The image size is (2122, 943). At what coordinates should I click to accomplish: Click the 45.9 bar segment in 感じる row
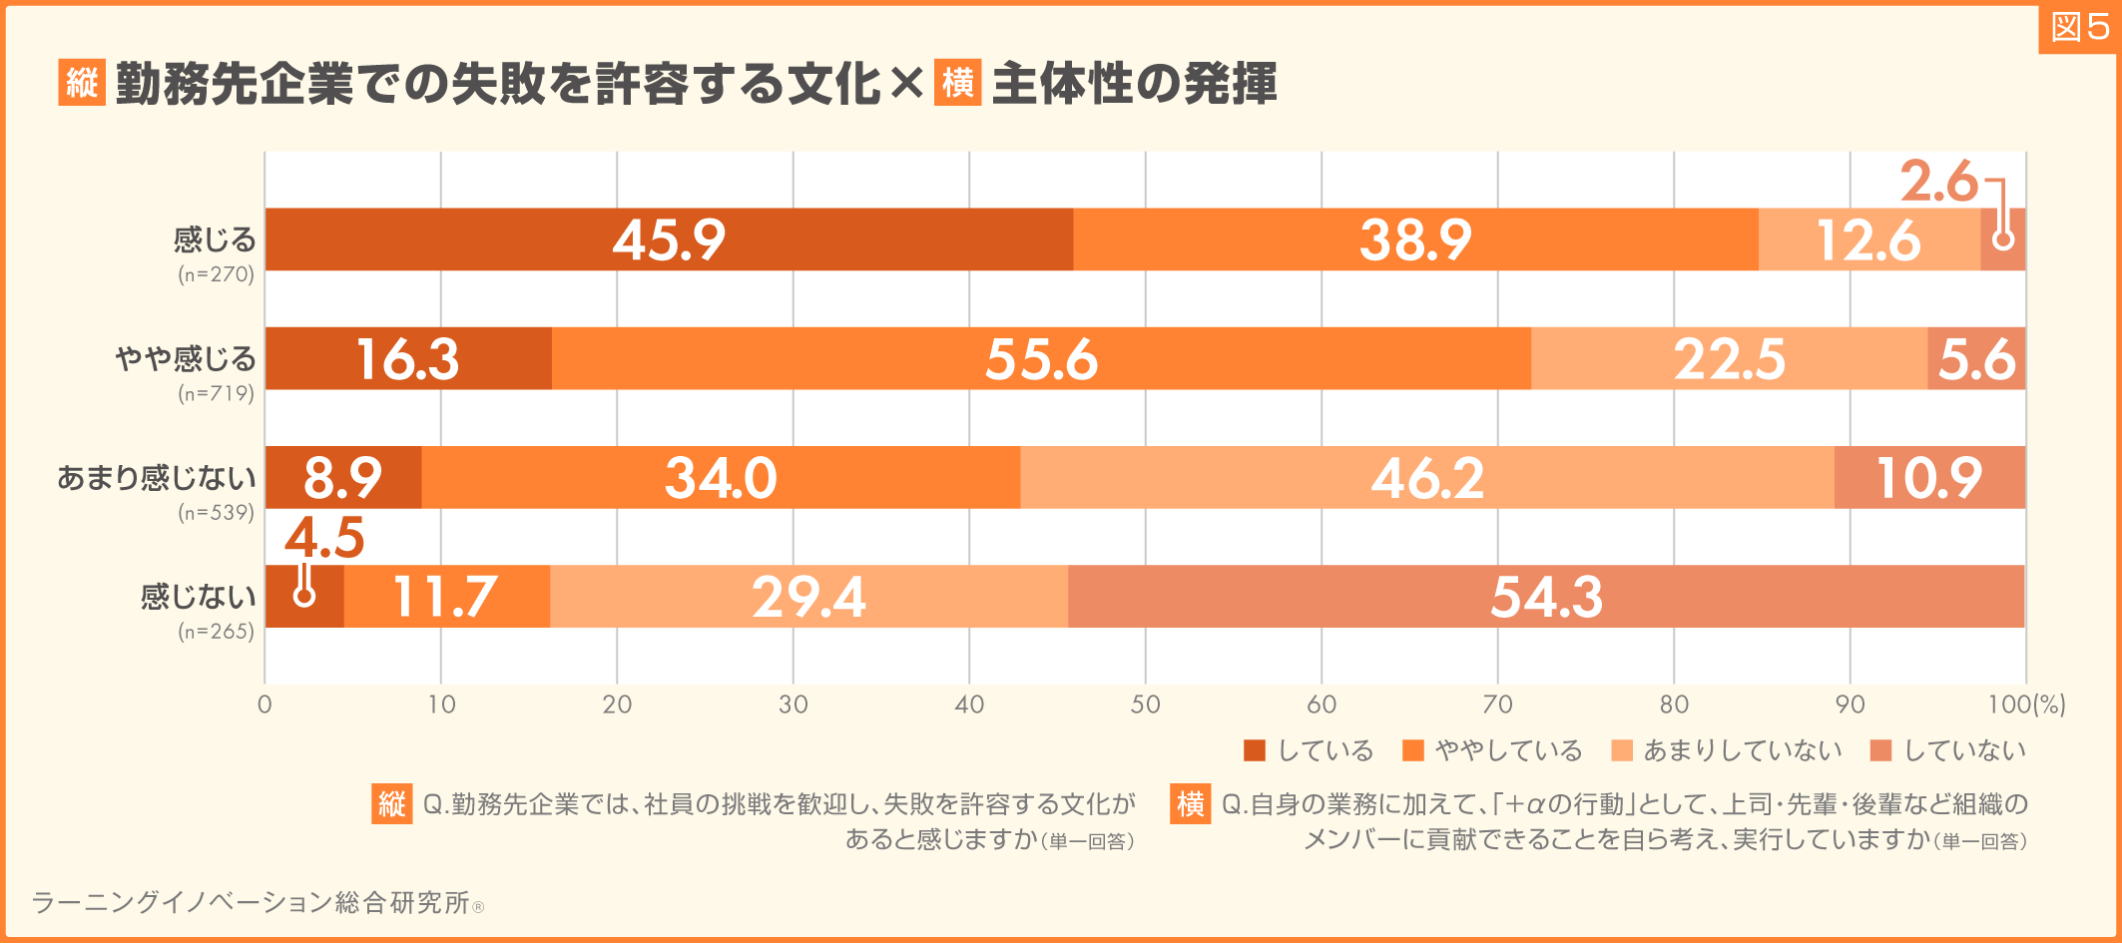(669, 239)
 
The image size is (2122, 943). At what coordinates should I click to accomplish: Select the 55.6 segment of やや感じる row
(1041, 358)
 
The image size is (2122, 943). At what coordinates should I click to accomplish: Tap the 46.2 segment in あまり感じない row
(1427, 477)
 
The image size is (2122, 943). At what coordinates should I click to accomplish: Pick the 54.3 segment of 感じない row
(1546, 597)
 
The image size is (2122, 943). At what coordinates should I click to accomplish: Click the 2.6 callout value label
(1937, 182)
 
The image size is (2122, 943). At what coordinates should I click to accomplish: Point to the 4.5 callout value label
(324, 539)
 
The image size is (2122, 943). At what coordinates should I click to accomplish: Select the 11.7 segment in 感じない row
(446, 597)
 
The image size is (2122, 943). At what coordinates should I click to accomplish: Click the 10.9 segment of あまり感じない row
(1929, 477)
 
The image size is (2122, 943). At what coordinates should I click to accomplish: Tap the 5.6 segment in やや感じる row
(1976, 358)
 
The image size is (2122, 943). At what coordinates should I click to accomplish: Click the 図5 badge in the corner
(2079, 28)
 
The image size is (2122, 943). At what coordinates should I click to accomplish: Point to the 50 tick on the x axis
(1145, 705)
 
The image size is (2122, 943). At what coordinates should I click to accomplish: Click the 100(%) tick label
(2026, 705)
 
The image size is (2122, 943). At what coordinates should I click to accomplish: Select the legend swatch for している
(1255, 750)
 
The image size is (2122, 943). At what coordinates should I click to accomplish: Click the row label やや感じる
(186, 358)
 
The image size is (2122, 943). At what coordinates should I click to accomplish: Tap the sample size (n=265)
(216, 632)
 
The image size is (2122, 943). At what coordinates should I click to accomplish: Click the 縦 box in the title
(82, 83)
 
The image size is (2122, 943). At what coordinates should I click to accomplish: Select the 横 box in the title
(958, 83)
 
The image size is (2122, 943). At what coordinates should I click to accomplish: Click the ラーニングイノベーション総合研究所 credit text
(250, 902)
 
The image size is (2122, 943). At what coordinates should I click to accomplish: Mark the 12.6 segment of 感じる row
(1868, 239)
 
